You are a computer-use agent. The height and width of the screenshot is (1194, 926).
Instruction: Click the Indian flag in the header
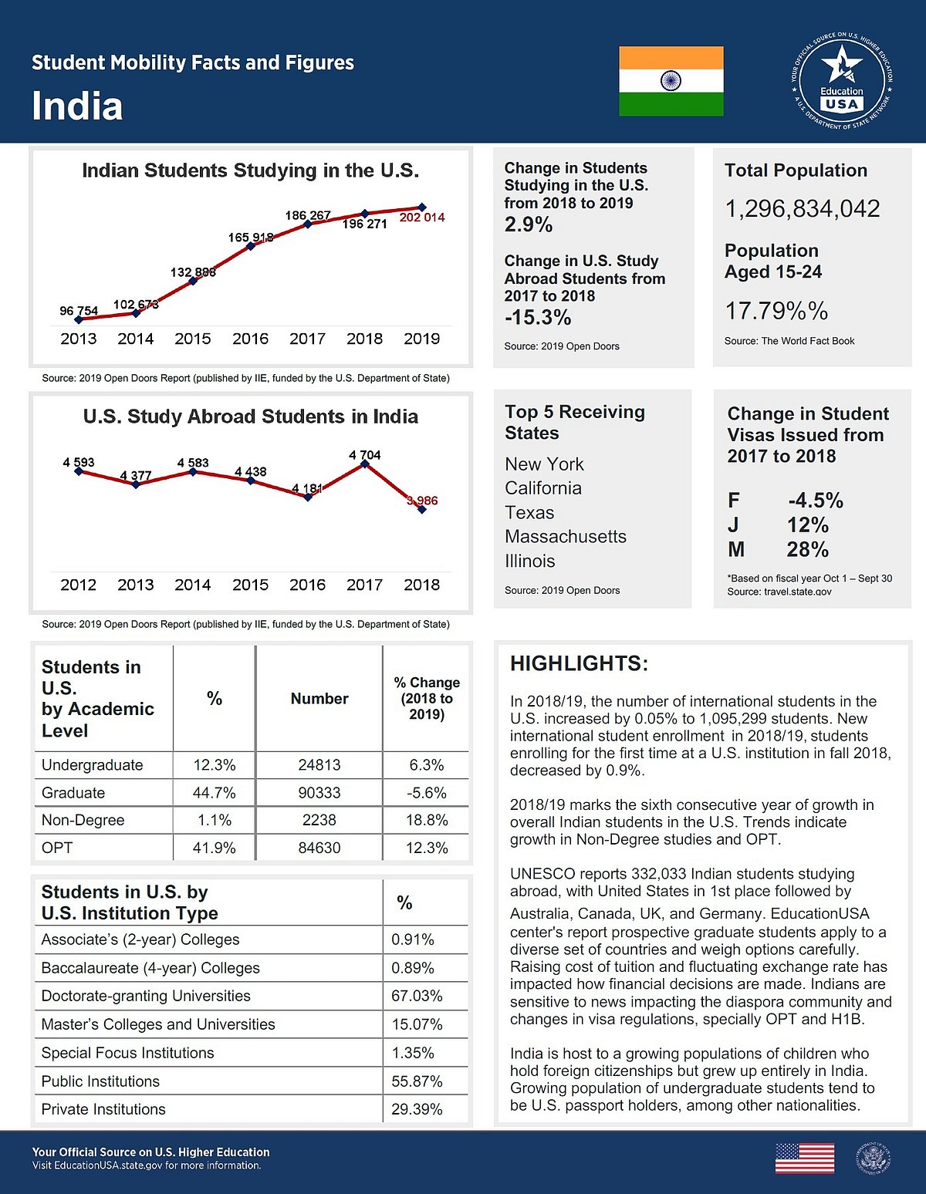[x=671, y=81]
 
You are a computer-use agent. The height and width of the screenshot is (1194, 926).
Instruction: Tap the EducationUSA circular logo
[x=841, y=81]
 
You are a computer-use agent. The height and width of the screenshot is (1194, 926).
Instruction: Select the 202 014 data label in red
[x=422, y=218]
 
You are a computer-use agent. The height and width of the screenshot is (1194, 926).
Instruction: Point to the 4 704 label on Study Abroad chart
[x=365, y=455]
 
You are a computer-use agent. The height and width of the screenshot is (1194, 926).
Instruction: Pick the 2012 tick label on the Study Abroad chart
[x=79, y=585]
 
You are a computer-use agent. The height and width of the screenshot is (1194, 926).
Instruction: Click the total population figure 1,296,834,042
[x=803, y=208]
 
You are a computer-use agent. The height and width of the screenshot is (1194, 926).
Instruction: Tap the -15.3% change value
[x=538, y=317]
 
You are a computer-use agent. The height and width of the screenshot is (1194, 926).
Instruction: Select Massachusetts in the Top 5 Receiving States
[x=566, y=536]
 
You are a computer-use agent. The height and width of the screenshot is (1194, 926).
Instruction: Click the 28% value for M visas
[x=807, y=549]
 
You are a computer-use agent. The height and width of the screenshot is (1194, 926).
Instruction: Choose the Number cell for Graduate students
[x=319, y=793]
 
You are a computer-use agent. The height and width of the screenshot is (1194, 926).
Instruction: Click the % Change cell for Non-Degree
[x=427, y=820]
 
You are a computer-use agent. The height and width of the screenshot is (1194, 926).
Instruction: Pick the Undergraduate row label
[x=93, y=765]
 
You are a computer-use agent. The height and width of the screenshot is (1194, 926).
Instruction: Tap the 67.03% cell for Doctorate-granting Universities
[x=417, y=996]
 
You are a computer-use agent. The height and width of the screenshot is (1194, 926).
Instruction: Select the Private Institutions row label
[x=103, y=1109]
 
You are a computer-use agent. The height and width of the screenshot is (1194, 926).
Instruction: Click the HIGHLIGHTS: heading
[x=579, y=663]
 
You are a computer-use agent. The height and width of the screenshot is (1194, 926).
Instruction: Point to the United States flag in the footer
[x=804, y=1159]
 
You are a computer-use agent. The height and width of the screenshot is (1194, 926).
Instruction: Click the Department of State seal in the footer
[x=873, y=1159]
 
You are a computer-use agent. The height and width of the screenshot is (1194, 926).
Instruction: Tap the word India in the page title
[x=77, y=106]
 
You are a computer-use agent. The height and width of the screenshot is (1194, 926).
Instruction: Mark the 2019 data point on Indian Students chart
[x=422, y=207]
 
